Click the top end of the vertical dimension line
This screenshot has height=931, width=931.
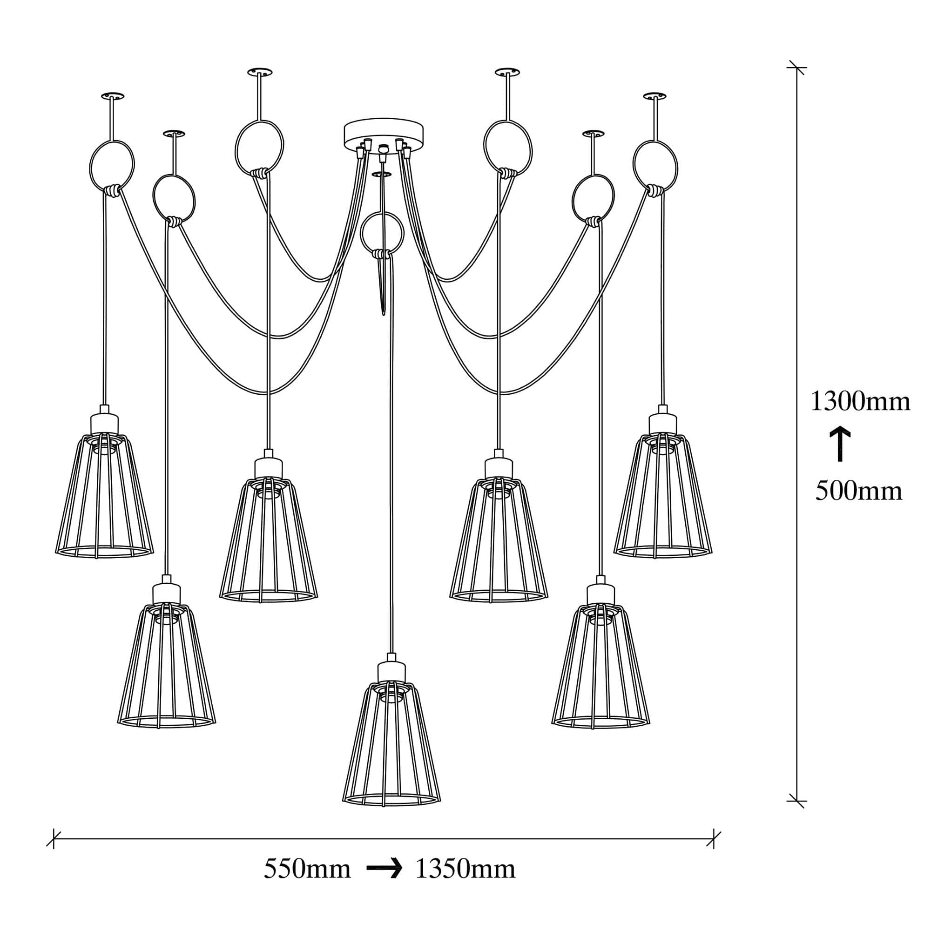[x=796, y=67]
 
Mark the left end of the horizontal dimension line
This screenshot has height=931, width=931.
[x=54, y=839]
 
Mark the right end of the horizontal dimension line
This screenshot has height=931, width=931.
[x=714, y=839]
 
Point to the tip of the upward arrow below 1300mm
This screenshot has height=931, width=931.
[x=840, y=427]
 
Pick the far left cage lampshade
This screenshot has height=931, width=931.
[x=105, y=496]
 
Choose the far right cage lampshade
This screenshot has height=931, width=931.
[x=662, y=496]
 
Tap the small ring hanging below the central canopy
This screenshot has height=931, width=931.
[x=382, y=234]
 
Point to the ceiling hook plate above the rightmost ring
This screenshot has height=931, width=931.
[x=654, y=96]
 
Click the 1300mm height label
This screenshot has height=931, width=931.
[x=860, y=401]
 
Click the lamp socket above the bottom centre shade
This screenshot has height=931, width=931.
[x=391, y=669]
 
